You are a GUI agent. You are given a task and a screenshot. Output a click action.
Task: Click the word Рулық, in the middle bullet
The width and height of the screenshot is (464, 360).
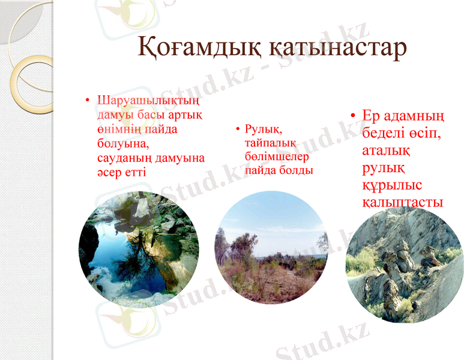(x=264, y=129)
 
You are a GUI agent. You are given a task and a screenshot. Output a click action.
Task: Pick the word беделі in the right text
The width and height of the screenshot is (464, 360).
(x=384, y=132)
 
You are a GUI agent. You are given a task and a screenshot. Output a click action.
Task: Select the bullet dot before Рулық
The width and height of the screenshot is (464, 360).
(x=238, y=129)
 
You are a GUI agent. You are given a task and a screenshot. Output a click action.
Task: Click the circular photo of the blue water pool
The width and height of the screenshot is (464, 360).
(x=139, y=249)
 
